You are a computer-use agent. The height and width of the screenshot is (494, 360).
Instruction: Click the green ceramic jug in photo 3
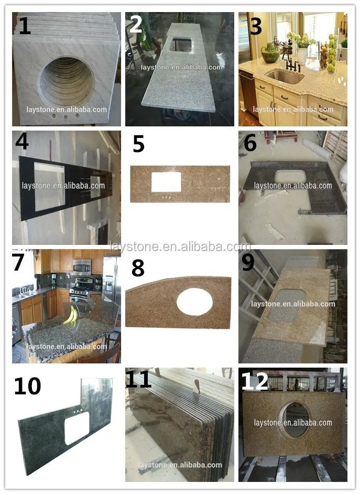click(270, 53)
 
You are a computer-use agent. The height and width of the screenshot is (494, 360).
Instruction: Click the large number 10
click(27, 386)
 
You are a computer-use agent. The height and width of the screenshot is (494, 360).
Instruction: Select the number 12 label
click(254, 381)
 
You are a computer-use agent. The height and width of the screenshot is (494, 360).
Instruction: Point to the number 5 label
click(138, 144)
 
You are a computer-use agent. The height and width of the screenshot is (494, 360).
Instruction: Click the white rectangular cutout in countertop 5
click(166, 182)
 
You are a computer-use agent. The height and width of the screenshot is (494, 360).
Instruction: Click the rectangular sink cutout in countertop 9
click(287, 306)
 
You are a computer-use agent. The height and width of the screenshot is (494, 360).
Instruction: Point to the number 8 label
click(138, 268)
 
